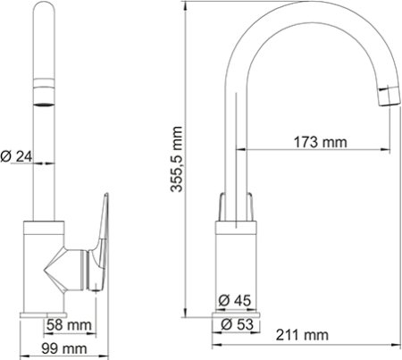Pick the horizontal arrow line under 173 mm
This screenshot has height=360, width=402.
pos(313,149)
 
